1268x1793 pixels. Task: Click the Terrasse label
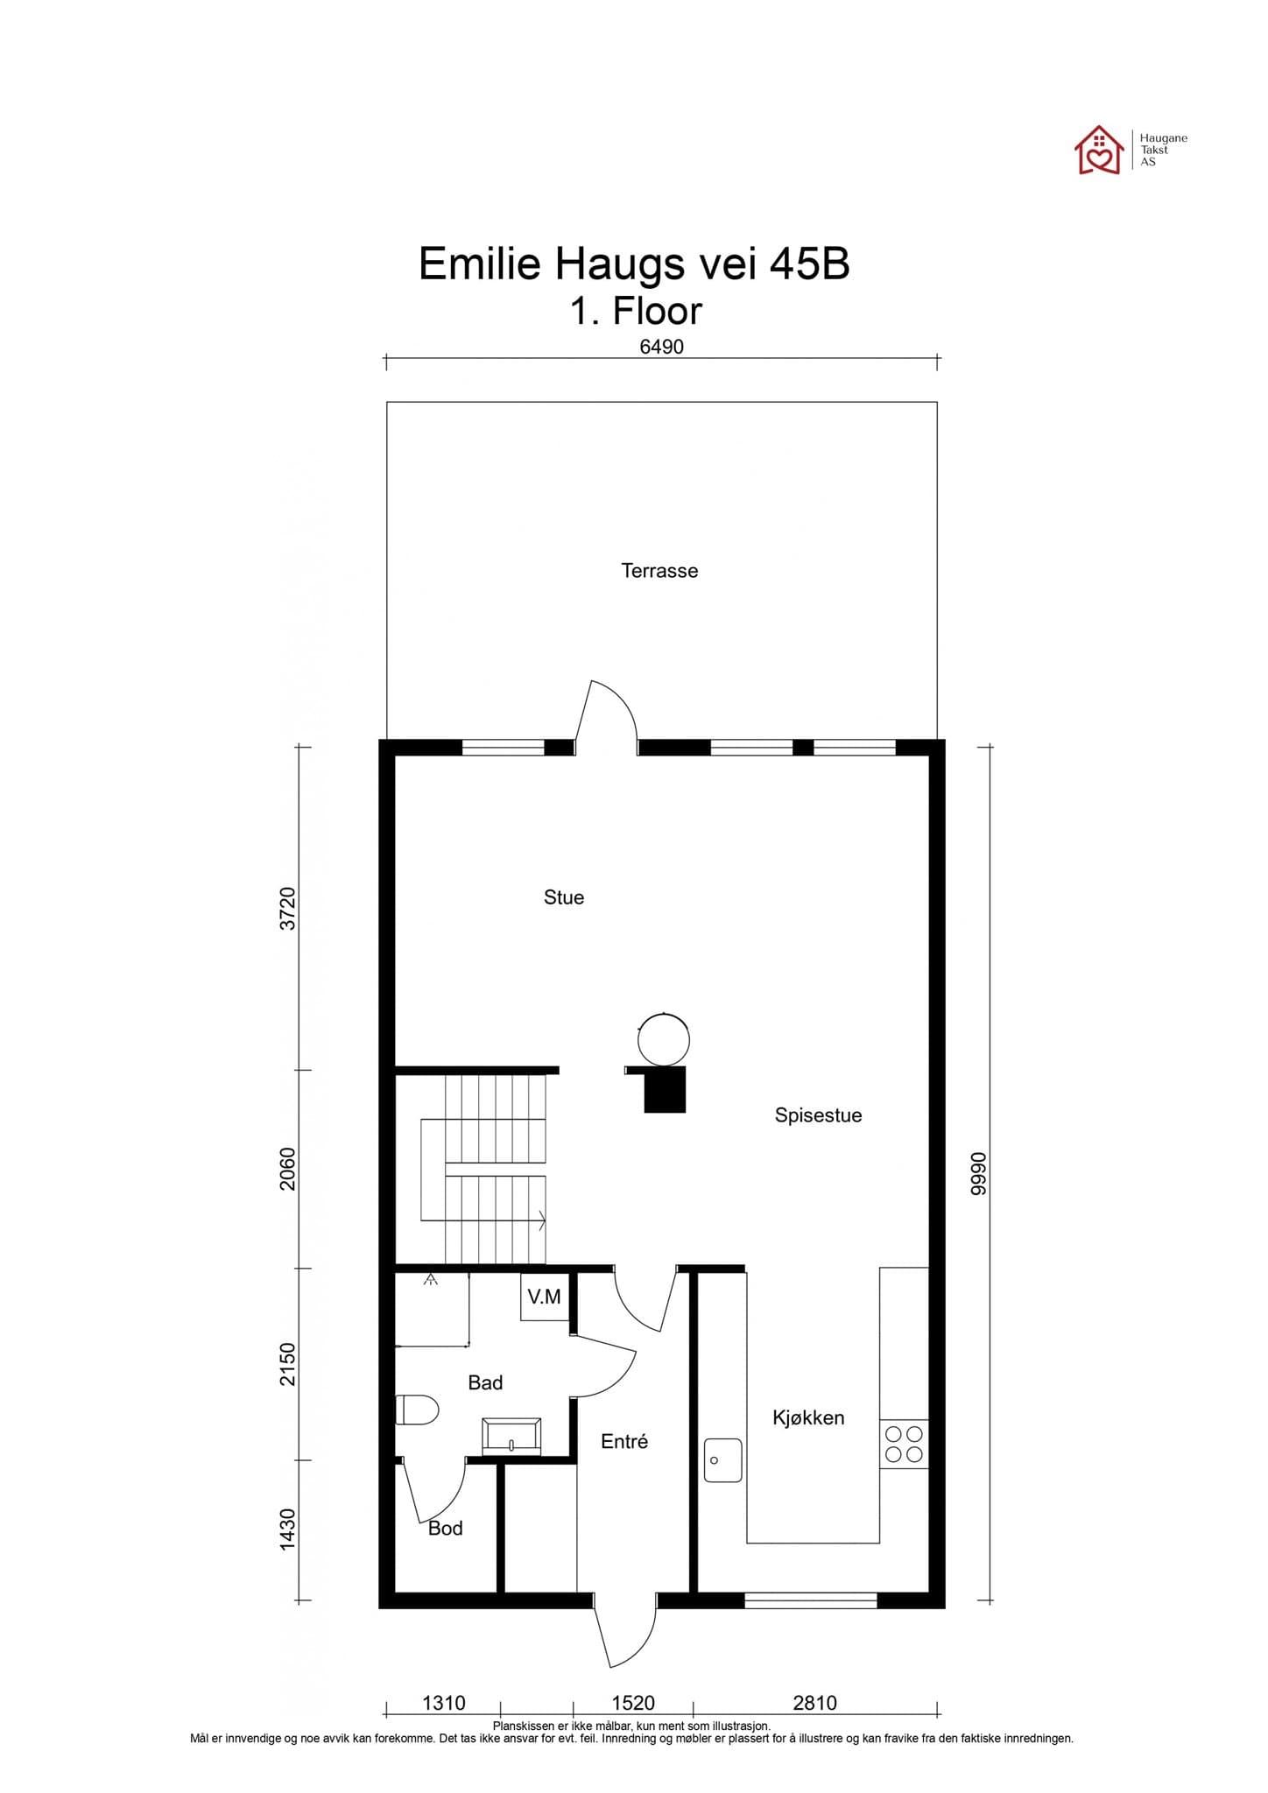659,571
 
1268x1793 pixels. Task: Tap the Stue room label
563,897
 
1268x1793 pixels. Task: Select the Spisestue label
818,1115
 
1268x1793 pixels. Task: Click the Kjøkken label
808,1417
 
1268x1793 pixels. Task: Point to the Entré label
624,1441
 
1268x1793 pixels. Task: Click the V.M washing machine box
545,1297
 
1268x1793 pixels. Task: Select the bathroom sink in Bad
511,1438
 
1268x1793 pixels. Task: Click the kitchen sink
722,1460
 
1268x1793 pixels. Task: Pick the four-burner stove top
904,1444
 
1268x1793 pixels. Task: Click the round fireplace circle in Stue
664,1040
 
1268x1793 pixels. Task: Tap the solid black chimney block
665,1090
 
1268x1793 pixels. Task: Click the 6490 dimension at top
661,347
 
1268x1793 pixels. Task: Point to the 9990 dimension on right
979,1173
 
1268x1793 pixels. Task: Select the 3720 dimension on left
288,909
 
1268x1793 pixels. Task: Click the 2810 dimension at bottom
814,1703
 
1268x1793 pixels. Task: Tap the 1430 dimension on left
288,1529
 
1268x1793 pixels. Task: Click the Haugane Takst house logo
1099,151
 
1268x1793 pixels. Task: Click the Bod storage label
445,1529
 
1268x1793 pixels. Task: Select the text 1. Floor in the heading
636,311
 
